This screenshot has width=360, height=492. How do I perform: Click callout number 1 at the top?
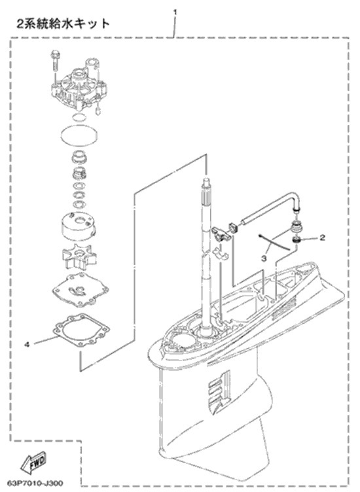pyautogui.click(x=175, y=12)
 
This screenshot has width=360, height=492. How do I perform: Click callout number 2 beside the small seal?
pyautogui.click(x=322, y=237)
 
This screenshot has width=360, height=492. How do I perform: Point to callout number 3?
pyautogui.click(x=264, y=258)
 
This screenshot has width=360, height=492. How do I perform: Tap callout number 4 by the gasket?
pyautogui.click(x=27, y=345)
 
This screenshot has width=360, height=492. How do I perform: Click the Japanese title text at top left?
pyautogui.click(x=63, y=24)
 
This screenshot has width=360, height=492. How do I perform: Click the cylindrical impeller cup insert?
pyautogui.click(x=79, y=224)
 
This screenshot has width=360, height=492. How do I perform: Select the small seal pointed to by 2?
pyautogui.click(x=296, y=240)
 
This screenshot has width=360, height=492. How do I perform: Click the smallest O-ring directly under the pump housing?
pyautogui.click(x=78, y=118)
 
